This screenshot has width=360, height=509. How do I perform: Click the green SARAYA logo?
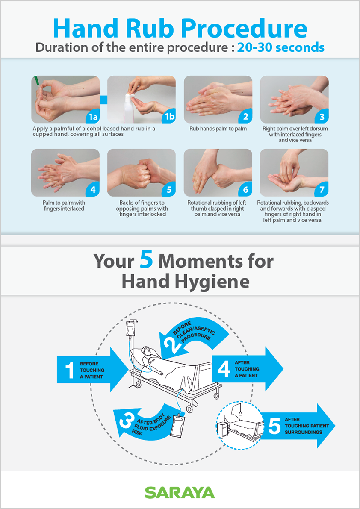click(x=180, y=492)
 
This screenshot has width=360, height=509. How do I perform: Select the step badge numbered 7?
click(x=321, y=190)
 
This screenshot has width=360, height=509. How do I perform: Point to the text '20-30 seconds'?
click(x=281, y=47)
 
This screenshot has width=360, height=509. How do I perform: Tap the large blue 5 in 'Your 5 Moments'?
click(x=146, y=261)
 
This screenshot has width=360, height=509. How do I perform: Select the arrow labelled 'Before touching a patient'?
click(x=93, y=370)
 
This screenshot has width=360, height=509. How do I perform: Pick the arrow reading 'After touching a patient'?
click(x=248, y=369)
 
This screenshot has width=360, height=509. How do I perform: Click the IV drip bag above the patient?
click(x=131, y=330)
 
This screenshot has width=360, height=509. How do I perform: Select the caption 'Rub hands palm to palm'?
click(x=218, y=129)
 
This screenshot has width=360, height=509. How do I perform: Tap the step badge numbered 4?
click(x=92, y=190)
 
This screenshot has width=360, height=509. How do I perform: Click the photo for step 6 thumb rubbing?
click(x=218, y=173)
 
